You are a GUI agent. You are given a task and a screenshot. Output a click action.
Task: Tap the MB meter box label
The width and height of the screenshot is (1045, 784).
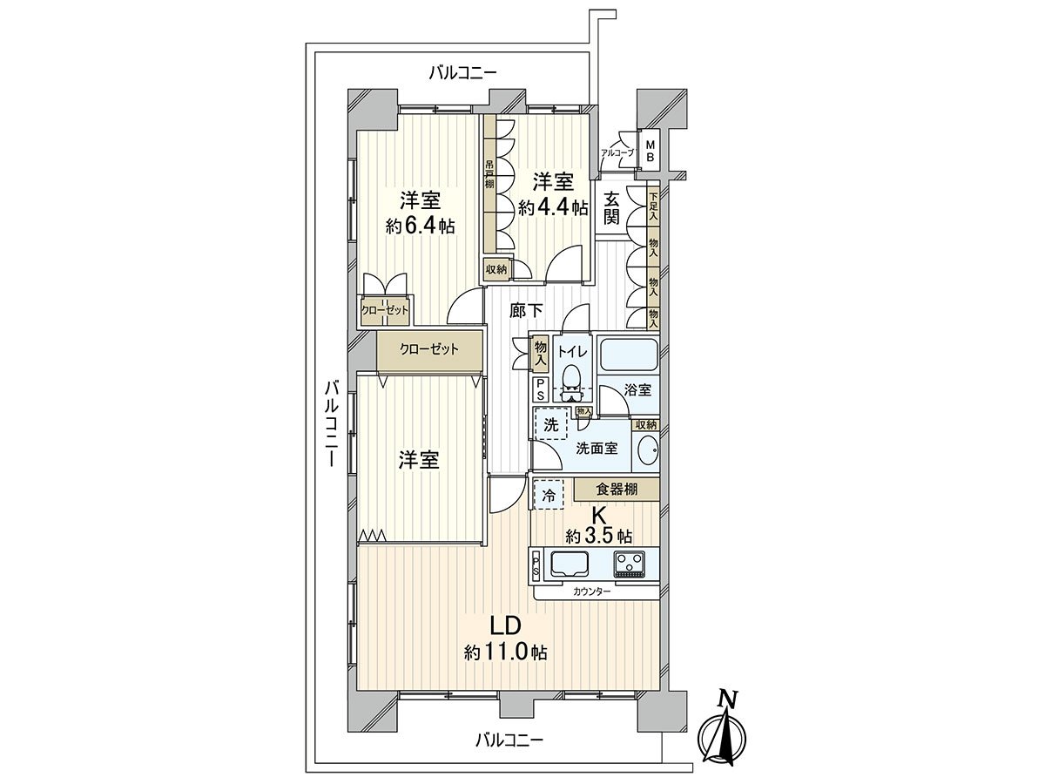650,151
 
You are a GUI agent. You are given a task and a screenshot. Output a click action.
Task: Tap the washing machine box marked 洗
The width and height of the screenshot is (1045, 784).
550,425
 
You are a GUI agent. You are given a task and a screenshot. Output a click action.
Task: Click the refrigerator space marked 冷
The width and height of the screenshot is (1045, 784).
549,494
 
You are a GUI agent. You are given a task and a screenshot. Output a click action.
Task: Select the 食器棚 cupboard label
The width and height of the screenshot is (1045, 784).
617,490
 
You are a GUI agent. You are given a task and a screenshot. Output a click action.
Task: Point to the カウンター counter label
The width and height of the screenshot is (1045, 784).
591,592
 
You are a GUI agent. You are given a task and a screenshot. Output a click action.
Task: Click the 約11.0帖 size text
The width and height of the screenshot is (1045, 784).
505,652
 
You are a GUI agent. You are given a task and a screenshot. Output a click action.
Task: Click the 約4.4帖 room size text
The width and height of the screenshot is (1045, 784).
553,207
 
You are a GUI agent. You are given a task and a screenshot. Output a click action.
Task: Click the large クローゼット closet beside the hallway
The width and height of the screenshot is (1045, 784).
429,349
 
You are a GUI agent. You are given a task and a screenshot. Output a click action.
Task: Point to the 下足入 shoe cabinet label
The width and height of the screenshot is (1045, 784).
653,206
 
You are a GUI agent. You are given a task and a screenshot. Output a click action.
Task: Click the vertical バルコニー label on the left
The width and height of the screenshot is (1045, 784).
330,424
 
